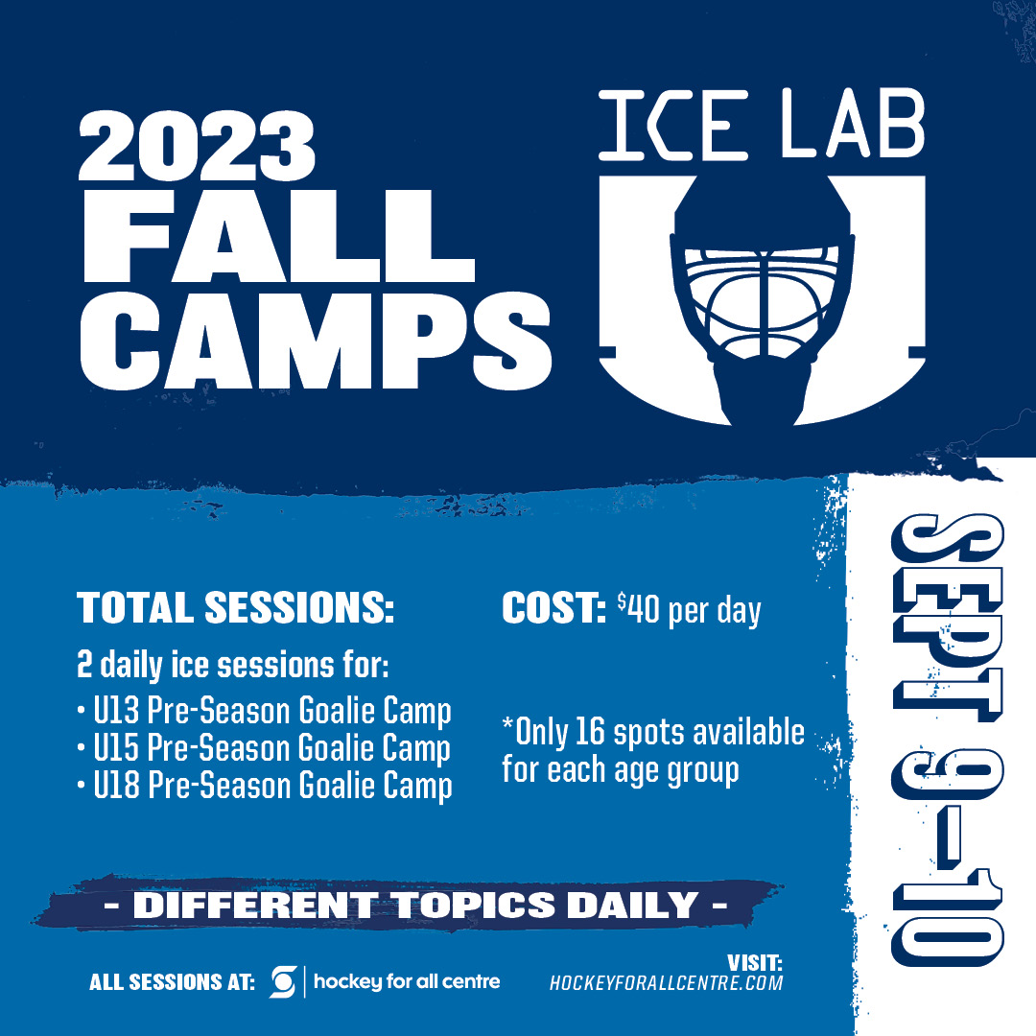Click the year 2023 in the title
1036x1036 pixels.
click(197, 146)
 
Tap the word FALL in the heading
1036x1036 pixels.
click(279, 237)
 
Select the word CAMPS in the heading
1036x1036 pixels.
click(316, 341)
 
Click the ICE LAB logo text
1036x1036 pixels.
click(761, 124)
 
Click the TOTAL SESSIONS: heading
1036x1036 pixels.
click(235, 607)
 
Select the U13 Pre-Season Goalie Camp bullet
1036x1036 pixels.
click(265, 711)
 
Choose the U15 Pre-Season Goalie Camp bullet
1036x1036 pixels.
click(265, 748)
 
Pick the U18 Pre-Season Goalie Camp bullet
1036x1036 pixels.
click(265, 787)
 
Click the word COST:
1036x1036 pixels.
click(553, 607)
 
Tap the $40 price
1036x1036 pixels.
click(638, 608)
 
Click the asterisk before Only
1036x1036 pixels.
click(507, 724)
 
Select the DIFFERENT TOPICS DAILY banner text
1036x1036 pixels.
click(416, 905)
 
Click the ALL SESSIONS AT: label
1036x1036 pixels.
click(172, 982)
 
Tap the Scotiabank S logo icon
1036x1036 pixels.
click(283, 982)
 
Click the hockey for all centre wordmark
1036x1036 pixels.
click(407, 982)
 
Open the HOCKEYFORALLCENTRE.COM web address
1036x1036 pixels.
click(666, 983)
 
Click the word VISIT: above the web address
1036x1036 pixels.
click(755, 963)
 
